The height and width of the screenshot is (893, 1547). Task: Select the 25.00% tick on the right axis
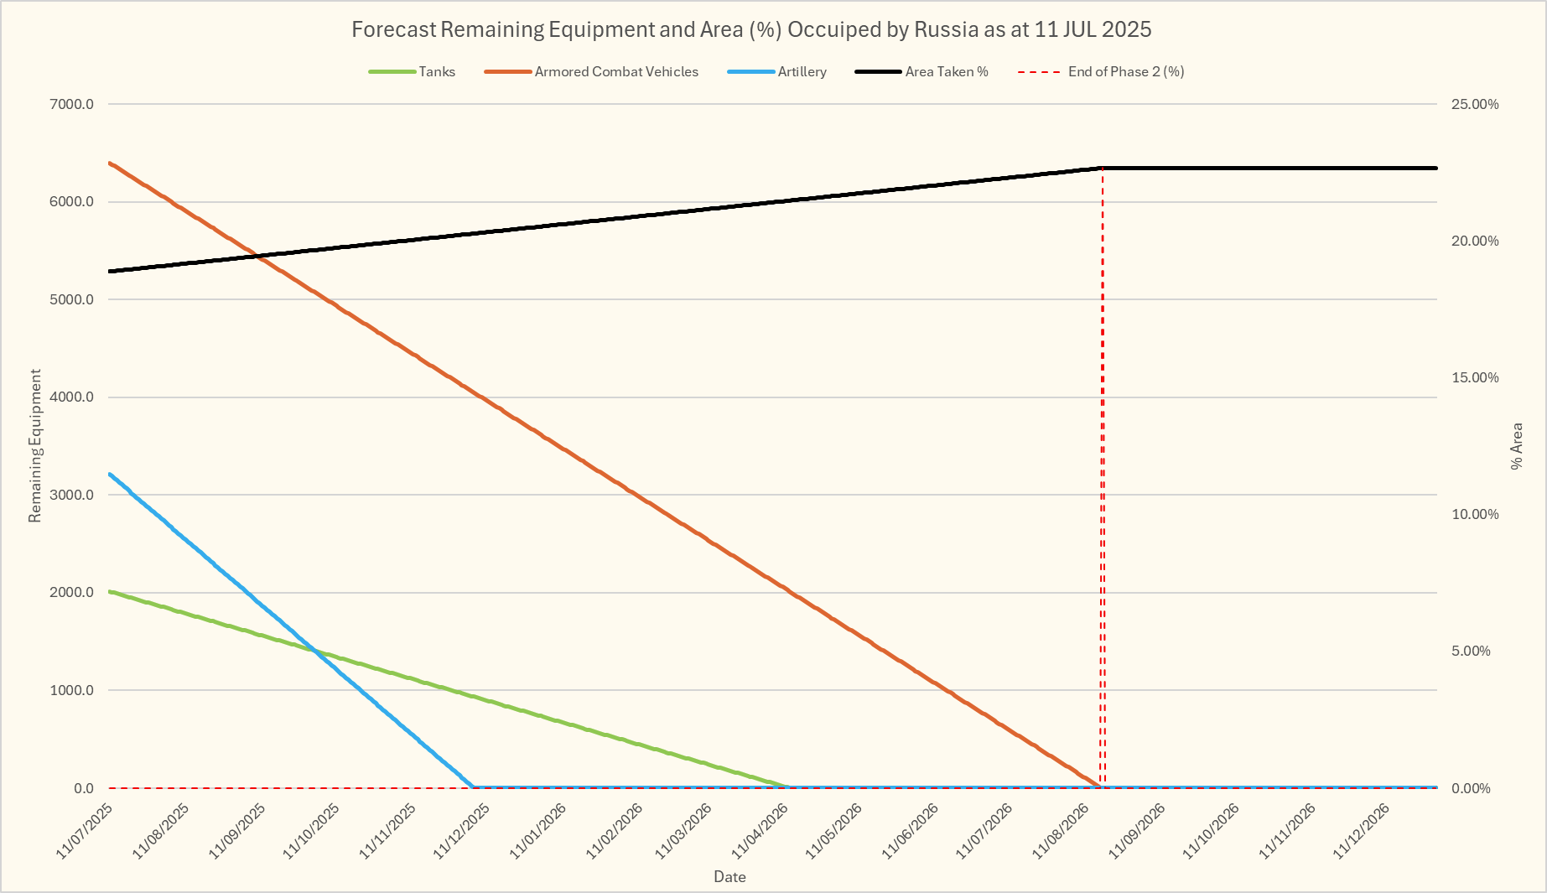tap(1475, 105)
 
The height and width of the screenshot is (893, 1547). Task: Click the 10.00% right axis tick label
tap(1475, 515)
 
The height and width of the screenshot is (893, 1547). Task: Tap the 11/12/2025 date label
tap(462, 831)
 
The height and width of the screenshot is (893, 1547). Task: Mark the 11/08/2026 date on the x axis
tap(1061, 831)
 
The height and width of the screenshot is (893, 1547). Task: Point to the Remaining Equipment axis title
tap(35, 446)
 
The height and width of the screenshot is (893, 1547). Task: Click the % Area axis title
tap(1516, 446)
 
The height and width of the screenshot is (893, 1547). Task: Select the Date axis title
tap(729, 877)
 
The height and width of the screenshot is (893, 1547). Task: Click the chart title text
tap(751, 30)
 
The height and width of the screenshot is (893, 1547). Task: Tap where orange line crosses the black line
tap(257, 256)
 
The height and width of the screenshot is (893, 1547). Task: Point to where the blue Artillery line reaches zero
tap(474, 787)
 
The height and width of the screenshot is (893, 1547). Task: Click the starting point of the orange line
tap(110, 163)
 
